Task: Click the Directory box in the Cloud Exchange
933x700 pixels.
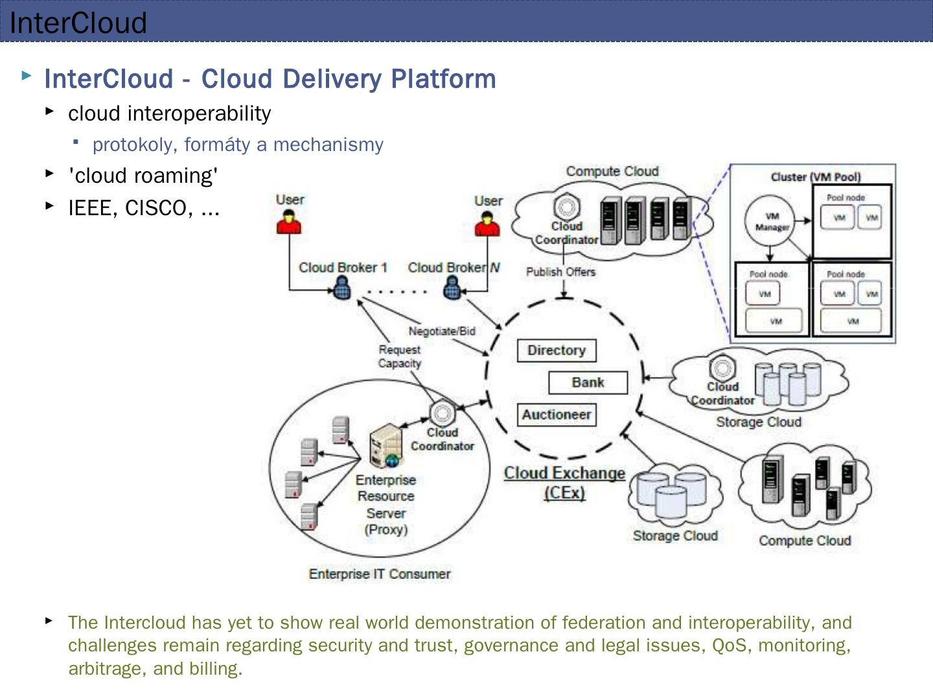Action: tap(557, 351)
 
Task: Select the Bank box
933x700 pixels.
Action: tap(588, 382)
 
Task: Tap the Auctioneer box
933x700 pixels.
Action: tap(557, 415)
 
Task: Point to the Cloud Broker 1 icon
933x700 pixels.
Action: tap(342, 288)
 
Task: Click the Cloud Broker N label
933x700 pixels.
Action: tap(454, 268)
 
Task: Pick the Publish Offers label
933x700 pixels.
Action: tap(560, 272)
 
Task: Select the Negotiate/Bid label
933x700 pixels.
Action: tap(442, 331)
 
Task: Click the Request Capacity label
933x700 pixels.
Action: tap(400, 356)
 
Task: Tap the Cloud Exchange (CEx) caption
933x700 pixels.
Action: tap(564, 482)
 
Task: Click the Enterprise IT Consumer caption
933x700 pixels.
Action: tap(380, 574)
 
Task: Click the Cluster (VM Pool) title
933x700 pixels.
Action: tap(816, 177)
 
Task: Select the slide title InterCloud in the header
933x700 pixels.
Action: tap(78, 23)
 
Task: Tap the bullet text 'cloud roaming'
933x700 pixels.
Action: tap(143, 176)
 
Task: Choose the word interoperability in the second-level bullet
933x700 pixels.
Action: tap(200, 113)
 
